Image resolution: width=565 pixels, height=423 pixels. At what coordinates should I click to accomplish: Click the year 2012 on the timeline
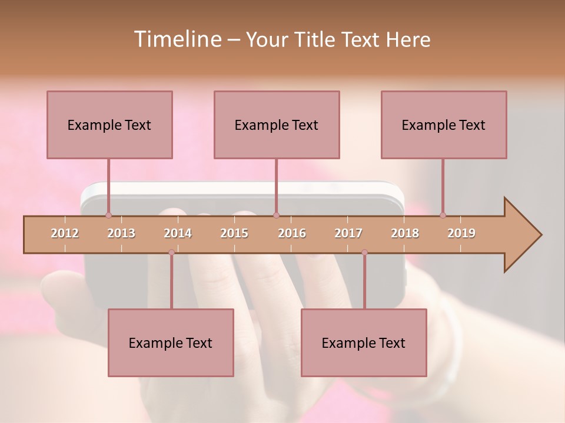[x=65, y=233]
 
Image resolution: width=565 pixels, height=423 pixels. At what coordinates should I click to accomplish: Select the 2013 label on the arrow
[x=121, y=233]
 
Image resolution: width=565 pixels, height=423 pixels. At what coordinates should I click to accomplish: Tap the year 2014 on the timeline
[x=178, y=233]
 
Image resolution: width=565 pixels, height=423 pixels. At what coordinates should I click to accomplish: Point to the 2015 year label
[x=234, y=233]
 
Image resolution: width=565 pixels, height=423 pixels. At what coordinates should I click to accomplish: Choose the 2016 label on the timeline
[x=292, y=233]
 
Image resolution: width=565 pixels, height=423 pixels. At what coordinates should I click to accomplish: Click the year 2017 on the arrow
[x=348, y=233]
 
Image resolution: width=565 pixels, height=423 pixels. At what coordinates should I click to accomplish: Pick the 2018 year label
[x=405, y=233]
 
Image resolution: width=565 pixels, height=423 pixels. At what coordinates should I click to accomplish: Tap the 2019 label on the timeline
[x=461, y=233]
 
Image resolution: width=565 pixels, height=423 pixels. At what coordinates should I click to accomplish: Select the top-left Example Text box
[x=109, y=125]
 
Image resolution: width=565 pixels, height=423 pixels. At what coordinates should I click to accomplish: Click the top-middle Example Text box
[x=277, y=125]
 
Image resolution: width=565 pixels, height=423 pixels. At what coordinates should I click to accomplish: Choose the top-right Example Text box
[x=444, y=125]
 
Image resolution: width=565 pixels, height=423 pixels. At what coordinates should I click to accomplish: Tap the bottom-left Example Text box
[x=171, y=343]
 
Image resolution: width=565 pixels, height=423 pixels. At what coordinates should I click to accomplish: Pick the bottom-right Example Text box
[x=364, y=343]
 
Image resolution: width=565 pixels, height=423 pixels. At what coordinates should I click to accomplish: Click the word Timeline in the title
[x=177, y=39]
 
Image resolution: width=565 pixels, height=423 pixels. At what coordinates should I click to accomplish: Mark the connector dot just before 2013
[x=108, y=215]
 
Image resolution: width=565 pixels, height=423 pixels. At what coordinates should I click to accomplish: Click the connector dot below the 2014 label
[x=171, y=253]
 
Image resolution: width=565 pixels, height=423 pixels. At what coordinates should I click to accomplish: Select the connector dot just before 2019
[x=443, y=215]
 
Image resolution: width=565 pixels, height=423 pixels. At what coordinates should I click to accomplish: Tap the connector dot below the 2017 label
[x=364, y=253]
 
